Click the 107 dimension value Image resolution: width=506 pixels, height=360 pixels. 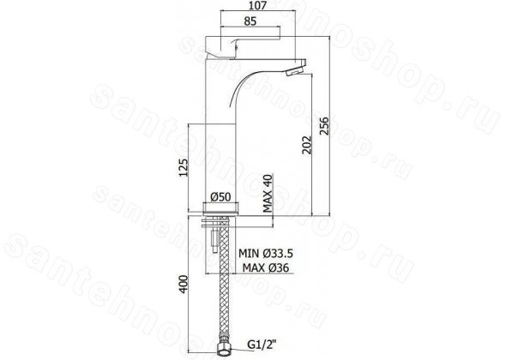(x=258, y=5)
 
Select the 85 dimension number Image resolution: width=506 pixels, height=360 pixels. (x=250, y=21)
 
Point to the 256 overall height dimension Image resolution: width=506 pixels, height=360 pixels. (x=323, y=126)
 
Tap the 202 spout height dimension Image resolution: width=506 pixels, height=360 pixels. (x=306, y=145)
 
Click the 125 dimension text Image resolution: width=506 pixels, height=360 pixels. (x=183, y=167)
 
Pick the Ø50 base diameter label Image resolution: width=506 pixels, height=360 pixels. (x=220, y=197)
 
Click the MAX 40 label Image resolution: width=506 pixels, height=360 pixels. (x=268, y=193)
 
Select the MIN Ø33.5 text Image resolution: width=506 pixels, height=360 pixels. (x=266, y=254)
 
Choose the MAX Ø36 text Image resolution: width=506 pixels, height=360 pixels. (x=266, y=267)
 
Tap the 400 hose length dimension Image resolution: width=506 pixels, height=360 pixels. (x=183, y=284)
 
